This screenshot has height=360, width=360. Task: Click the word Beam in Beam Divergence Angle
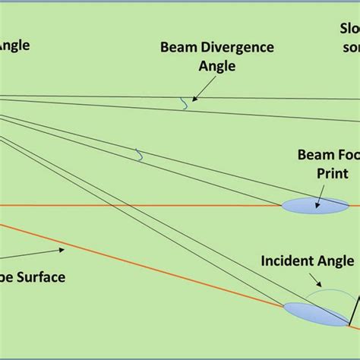click(176, 47)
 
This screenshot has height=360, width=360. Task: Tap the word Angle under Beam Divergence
click(217, 66)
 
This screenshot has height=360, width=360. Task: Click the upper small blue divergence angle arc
click(185, 104)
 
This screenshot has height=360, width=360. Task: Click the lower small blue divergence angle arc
click(138, 155)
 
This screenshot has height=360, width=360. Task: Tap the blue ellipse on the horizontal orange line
click(315, 205)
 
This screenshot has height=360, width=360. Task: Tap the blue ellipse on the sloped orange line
click(314, 314)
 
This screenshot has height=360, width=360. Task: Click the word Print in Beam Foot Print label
click(332, 172)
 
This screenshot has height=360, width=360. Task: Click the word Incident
click(288, 261)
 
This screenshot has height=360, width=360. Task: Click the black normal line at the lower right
click(354, 311)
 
